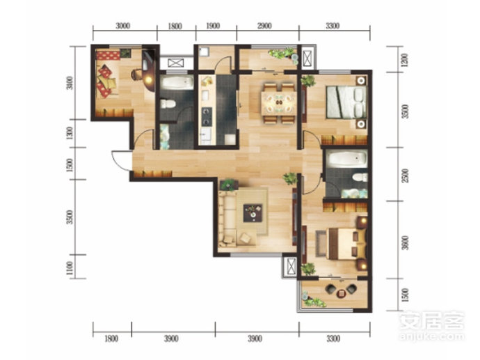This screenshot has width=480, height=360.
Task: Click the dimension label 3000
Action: (x=122, y=26)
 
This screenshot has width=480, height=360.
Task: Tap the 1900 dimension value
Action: (x=213, y=26)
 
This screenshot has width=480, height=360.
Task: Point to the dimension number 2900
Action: (x=264, y=26)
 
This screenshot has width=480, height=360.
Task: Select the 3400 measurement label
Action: (x=70, y=83)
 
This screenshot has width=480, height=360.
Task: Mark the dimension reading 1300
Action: (x=70, y=133)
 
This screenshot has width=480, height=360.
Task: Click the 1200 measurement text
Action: (x=405, y=61)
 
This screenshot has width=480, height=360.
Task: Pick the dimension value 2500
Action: (x=405, y=175)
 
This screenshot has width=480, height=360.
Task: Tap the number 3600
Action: (x=405, y=242)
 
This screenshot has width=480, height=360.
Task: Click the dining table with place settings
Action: (x=278, y=102)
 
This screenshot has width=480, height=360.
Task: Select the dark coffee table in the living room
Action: (x=253, y=213)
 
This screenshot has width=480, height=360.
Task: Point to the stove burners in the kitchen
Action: (x=207, y=116)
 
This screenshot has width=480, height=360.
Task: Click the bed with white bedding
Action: (x=346, y=102)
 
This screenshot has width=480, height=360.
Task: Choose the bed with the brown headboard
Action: (x=346, y=243)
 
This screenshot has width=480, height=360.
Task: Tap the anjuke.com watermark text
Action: (x=432, y=336)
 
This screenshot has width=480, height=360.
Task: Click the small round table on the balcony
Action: (x=341, y=293)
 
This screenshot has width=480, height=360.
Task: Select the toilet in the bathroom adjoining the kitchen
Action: (x=168, y=104)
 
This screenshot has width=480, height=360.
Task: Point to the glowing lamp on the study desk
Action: (x=149, y=79)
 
